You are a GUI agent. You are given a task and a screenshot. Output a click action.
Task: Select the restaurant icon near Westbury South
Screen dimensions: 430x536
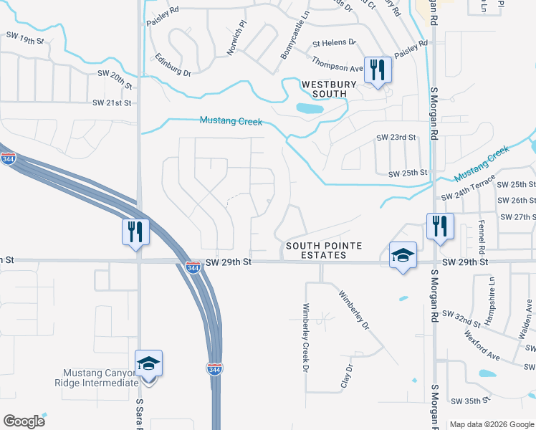[378, 70]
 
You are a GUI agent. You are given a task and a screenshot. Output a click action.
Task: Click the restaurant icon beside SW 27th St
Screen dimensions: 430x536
[439, 226]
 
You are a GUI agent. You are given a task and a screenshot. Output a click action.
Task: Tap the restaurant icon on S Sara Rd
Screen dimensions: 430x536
[135, 232]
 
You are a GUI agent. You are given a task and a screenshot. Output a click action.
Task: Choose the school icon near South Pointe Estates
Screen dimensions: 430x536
[403, 256]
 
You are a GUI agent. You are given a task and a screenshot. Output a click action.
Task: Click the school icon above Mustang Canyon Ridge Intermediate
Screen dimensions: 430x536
[148, 363]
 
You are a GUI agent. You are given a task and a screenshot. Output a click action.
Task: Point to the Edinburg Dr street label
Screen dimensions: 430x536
[173, 64]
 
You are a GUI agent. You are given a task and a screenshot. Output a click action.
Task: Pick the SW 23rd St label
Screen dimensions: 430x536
[396, 137]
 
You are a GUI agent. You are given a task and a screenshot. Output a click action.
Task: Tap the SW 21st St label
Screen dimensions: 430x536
[113, 103]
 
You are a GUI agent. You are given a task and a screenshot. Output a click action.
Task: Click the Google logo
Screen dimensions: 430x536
[24, 421]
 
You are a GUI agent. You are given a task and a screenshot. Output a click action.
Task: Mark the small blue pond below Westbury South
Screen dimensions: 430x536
[310, 109]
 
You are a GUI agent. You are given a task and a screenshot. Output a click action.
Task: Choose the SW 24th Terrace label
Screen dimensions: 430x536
[469, 188]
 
